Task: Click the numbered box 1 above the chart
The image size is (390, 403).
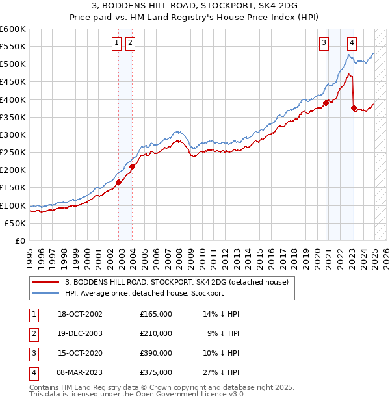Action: [116, 44]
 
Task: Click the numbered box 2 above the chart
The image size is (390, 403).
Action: [130, 44]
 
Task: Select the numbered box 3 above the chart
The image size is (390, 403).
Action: [324, 44]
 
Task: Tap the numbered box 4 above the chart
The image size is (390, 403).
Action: [352, 44]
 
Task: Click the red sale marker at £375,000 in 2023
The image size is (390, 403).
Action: [354, 109]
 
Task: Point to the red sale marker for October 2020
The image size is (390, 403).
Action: [326, 103]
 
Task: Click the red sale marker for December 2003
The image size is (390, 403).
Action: [132, 166]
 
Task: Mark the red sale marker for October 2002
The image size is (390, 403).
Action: [119, 183]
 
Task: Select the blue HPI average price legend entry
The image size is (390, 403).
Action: [144, 293]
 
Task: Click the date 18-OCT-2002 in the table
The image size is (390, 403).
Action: [80, 314]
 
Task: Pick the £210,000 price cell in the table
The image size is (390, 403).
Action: [156, 333]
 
